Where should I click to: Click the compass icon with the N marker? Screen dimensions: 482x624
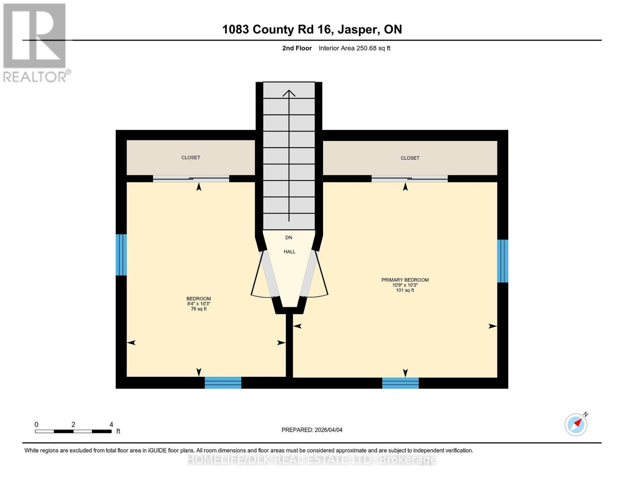pos(576,424)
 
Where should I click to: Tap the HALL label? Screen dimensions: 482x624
pos(289,252)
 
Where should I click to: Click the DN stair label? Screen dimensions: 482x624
pos(288,237)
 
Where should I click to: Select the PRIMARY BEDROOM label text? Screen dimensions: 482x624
pos(405,280)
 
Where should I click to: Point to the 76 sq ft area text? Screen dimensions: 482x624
pos(198,309)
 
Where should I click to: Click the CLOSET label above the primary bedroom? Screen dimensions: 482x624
pos(410,158)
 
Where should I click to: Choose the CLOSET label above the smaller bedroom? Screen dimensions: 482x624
pos(190,157)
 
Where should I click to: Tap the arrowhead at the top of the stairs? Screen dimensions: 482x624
pos(289,93)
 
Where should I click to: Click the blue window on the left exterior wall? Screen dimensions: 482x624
pos(121,255)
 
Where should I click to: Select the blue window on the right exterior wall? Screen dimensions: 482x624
pos(503,261)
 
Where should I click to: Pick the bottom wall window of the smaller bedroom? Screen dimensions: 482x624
pos(223,383)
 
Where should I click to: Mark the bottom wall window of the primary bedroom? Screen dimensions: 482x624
pos(400,383)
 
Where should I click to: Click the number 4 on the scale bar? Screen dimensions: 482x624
pos(111,425)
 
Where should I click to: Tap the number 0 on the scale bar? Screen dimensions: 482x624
pos(37,425)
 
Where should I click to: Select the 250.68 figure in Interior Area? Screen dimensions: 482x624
pos(366,48)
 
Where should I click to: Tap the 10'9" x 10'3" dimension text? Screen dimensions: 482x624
pos(405,285)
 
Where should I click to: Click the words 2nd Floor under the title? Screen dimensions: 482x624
pos(297,48)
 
